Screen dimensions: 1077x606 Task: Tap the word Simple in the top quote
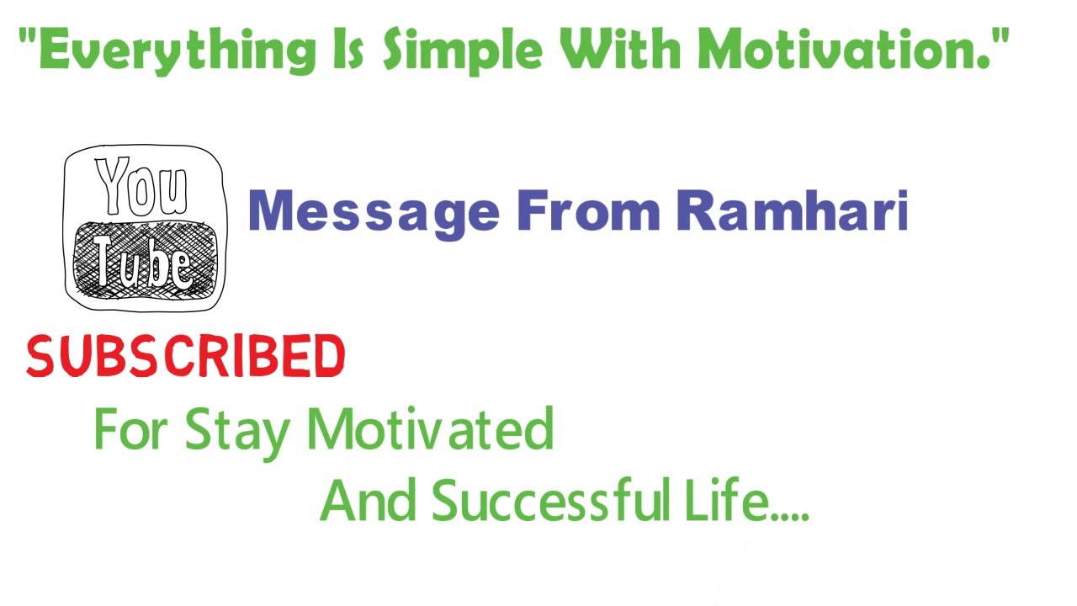click(x=462, y=50)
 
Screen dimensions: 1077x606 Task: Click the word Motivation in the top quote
click(x=838, y=48)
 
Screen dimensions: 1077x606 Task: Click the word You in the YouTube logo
click(x=141, y=186)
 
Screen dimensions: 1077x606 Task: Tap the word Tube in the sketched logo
click(x=144, y=263)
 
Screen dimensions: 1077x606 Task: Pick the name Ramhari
click(x=793, y=210)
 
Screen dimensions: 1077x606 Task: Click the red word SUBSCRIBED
click(x=186, y=356)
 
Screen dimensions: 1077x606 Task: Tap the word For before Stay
click(x=130, y=428)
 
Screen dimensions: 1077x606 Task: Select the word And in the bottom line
click(x=368, y=499)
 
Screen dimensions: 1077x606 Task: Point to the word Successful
click(x=551, y=499)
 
